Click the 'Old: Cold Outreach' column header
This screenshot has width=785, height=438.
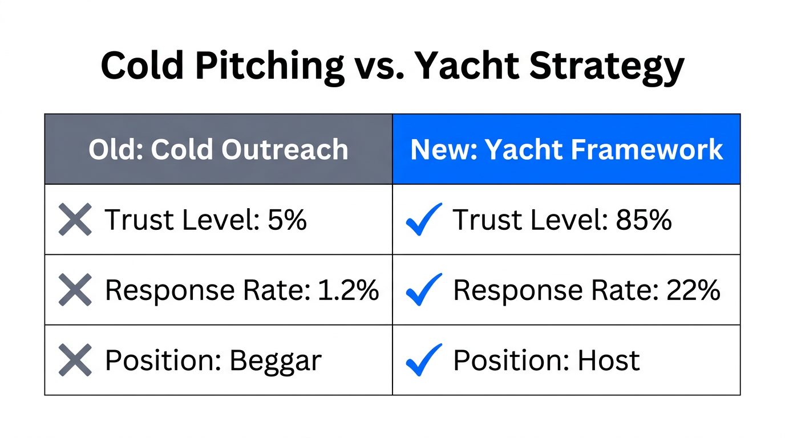click(218, 149)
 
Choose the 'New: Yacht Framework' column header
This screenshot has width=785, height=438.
click(567, 149)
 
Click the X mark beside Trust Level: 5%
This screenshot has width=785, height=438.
click(75, 220)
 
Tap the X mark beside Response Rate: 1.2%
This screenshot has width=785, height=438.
click(75, 290)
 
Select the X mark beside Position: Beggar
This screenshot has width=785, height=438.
click(75, 360)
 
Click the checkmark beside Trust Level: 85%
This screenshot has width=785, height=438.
click(423, 220)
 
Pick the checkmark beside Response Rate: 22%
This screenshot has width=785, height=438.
click(423, 290)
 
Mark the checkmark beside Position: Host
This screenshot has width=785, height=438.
click(423, 360)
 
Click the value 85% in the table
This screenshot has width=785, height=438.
click(644, 220)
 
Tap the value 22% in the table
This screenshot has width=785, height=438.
click(693, 290)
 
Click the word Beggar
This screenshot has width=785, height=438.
click(276, 361)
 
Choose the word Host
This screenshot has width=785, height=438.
click(609, 360)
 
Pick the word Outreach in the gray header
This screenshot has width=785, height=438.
click(285, 149)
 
